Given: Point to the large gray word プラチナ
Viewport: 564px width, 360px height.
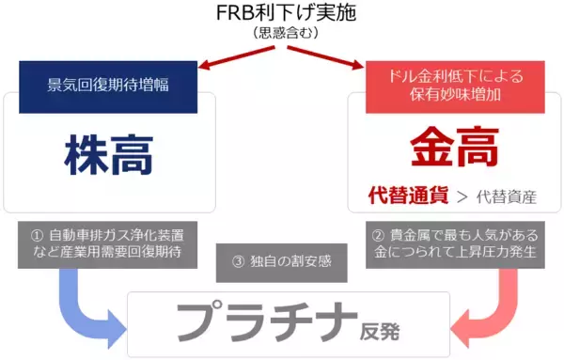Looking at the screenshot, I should [x=267, y=322].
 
